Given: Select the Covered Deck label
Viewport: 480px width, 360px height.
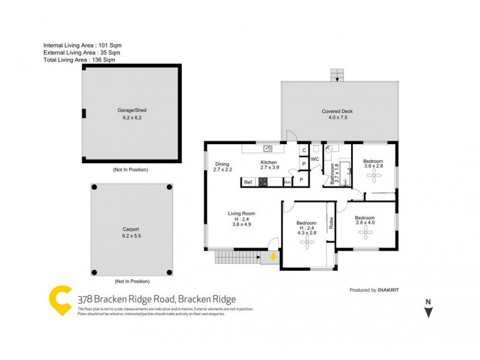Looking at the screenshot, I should click(x=338, y=111).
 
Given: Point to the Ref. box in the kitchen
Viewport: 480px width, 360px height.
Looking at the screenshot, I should click(x=248, y=182).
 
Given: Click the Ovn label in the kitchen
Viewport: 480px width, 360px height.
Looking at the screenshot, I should click(x=287, y=182).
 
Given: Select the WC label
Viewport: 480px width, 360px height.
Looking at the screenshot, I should click(x=314, y=159).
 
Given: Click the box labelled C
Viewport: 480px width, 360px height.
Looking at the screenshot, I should click(x=304, y=150).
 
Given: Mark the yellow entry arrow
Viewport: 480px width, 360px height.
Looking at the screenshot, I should click(x=273, y=257).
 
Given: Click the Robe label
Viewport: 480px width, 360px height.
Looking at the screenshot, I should click(x=331, y=223).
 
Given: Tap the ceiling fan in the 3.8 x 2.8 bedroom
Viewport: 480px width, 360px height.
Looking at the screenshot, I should click(x=375, y=175).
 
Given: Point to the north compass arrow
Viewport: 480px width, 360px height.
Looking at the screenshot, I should click(x=428, y=313).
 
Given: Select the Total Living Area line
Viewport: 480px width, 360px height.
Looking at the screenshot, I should click(x=79, y=60).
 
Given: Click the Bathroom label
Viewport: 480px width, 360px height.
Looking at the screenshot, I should click(x=332, y=173).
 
